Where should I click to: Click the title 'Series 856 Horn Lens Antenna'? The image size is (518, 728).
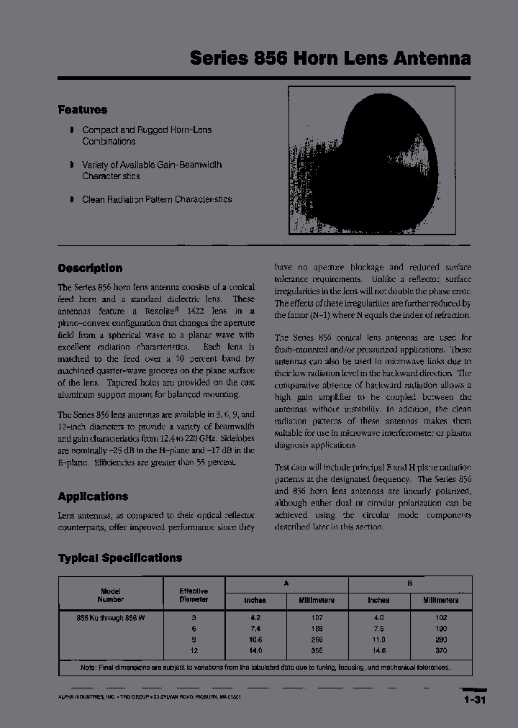click(x=330, y=58)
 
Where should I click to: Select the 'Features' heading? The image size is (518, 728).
click(x=82, y=110)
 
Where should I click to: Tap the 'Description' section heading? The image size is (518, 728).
click(x=90, y=268)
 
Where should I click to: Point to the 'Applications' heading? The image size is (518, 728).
click(x=93, y=496)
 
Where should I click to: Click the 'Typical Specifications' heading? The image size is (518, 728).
click(x=119, y=558)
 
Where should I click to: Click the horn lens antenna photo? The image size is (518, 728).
click(x=373, y=164)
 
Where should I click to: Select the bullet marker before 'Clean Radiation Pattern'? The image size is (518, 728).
click(x=71, y=199)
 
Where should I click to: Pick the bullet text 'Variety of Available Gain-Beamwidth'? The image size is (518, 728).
click(x=151, y=165)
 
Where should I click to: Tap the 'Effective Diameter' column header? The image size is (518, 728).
click(x=194, y=594)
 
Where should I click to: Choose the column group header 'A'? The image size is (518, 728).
click(x=286, y=583)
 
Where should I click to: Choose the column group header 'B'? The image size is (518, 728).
click(x=410, y=583)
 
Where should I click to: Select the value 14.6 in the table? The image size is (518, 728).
click(x=378, y=650)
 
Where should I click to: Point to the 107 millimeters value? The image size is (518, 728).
click(x=317, y=617)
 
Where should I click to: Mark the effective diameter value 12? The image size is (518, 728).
click(x=194, y=650)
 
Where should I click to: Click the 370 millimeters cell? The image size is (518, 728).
click(x=440, y=650)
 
